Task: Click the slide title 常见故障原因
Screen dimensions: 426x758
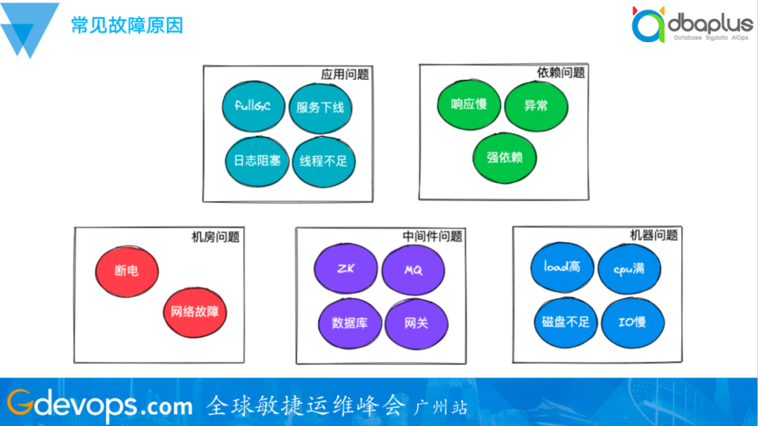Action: [x=127, y=26]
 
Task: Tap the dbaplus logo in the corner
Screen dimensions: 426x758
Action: [x=691, y=27]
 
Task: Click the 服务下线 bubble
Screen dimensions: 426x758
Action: [x=320, y=107]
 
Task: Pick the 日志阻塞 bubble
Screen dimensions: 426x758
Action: [x=257, y=160]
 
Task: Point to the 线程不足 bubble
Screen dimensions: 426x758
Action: [x=323, y=161]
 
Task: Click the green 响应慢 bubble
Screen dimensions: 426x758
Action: [x=469, y=105]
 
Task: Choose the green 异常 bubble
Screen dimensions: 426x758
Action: [x=536, y=105]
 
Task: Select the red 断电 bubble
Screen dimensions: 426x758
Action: [x=127, y=270]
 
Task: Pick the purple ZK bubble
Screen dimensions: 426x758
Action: [x=345, y=269]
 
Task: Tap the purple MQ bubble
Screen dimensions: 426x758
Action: [x=413, y=269]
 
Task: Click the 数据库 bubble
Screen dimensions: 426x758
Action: [x=349, y=324]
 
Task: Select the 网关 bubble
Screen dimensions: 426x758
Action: [x=416, y=324]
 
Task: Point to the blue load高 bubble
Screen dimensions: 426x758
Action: [x=561, y=267]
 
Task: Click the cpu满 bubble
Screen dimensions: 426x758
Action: [x=629, y=269]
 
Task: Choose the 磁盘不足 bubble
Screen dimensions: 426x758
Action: [x=566, y=322]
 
